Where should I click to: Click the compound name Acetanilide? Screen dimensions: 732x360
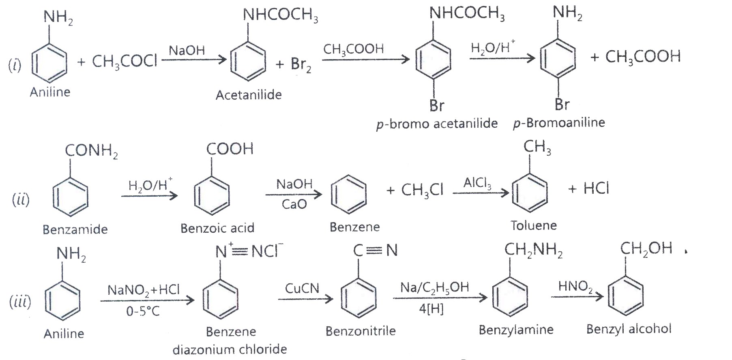click(249, 95)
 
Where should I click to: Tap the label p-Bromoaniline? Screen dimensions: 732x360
click(559, 123)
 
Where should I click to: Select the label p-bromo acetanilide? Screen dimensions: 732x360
click(437, 123)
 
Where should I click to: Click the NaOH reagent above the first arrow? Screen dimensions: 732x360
click(187, 51)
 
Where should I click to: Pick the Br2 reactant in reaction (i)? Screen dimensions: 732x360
click(301, 64)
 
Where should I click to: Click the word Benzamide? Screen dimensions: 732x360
click(75, 229)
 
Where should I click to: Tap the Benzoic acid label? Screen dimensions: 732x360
click(217, 228)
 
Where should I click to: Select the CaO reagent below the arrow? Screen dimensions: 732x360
click(294, 204)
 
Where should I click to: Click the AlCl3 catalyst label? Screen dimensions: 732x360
click(477, 184)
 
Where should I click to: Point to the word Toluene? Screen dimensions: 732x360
click(534, 225)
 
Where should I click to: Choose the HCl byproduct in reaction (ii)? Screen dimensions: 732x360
click(596, 188)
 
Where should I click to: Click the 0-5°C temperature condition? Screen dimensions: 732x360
click(143, 311)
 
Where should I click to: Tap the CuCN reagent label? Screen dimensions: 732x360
click(302, 288)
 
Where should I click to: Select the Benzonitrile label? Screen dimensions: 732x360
click(361, 331)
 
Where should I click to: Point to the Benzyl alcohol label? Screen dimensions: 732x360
click(629, 329)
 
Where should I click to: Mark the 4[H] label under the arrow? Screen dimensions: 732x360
click(431, 309)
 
